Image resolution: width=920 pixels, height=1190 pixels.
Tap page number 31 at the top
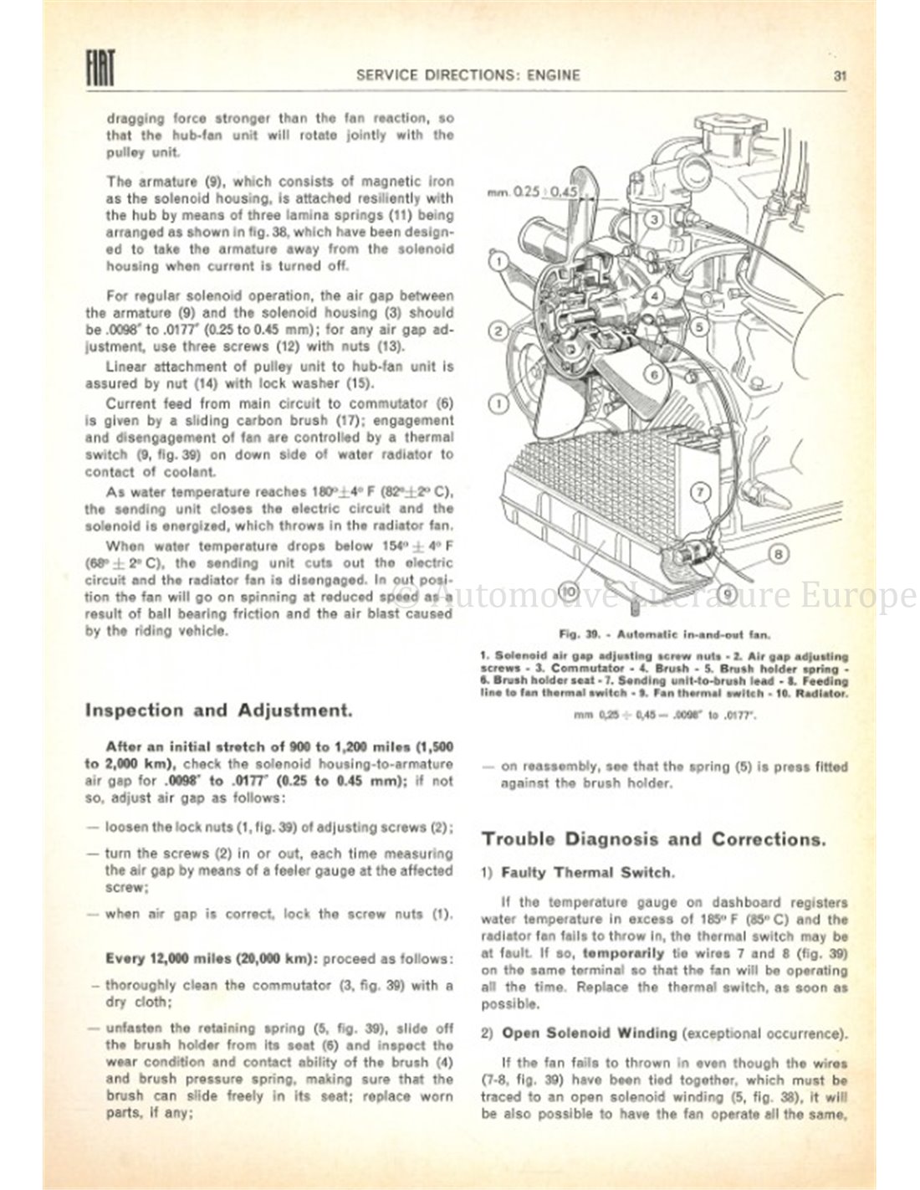click(841, 74)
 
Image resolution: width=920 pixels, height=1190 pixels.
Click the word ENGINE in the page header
click(552, 74)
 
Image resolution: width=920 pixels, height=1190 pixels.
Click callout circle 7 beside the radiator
click(700, 491)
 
